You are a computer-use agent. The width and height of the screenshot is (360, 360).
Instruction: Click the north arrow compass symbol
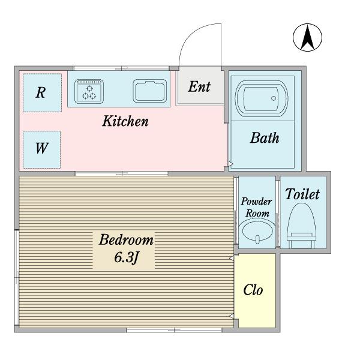(307, 37)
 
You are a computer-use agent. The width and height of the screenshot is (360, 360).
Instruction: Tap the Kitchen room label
(125, 121)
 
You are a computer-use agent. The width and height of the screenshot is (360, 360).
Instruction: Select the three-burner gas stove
(89, 92)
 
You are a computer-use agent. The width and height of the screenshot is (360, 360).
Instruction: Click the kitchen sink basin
(150, 91)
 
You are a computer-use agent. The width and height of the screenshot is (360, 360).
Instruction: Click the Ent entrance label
(199, 87)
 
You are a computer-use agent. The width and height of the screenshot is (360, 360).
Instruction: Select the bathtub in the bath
(262, 98)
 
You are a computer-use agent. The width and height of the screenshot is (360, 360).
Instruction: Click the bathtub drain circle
(274, 98)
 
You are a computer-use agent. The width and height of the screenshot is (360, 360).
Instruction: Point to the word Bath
(265, 138)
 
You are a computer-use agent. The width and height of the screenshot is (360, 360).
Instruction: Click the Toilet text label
(302, 194)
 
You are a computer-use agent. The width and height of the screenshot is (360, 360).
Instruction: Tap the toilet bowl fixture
(301, 226)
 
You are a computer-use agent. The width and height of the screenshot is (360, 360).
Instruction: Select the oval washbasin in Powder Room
(257, 230)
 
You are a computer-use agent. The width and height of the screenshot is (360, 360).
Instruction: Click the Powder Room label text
(257, 207)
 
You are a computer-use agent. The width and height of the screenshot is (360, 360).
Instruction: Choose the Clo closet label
(253, 290)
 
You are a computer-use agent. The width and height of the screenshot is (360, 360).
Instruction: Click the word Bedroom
(126, 239)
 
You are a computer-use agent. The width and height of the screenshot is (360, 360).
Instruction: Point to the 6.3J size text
(126, 257)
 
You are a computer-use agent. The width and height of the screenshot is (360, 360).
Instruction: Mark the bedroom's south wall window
(174, 330)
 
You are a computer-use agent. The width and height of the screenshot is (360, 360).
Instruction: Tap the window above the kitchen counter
(121, 68)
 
